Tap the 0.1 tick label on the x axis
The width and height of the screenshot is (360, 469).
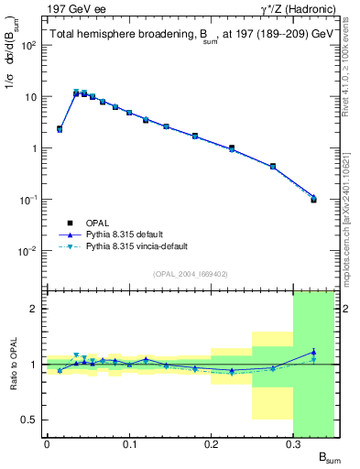129,444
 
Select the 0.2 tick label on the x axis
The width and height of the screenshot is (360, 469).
212,444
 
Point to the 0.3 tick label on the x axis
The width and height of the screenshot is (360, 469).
293,444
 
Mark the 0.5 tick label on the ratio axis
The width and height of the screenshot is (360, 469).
28,420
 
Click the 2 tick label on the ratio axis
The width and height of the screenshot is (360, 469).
34,309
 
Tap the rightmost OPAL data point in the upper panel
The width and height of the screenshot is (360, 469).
313,199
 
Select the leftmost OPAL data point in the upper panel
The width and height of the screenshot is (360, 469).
60,129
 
